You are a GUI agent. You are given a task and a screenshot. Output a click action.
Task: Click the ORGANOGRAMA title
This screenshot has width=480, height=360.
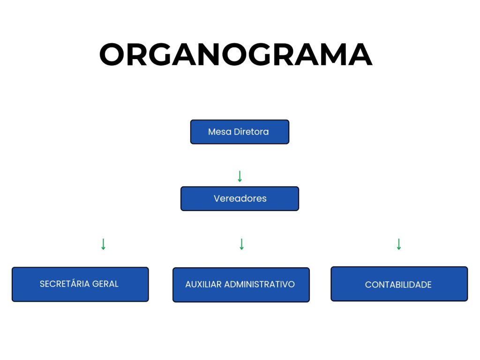pyautogui.click(x=236, y=55)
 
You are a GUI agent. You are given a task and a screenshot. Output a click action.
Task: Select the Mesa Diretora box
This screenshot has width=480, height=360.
pyautogui.click(x=240, y=132)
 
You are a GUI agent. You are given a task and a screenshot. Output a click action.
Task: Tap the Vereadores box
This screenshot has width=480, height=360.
pyautogui.click(x=240, y=199)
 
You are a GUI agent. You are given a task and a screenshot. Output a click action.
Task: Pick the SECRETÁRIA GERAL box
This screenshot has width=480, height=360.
pyautogui.click(x=80, y=284)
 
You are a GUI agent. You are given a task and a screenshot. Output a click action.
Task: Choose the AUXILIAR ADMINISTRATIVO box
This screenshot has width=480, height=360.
pyautogui.click(x=241, y=285)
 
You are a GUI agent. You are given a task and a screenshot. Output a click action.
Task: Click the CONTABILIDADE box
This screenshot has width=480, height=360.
pyautogui.click(x=399, y=284)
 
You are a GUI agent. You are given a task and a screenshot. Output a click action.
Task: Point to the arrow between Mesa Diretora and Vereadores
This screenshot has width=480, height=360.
pyautogui.click(x=240, y=177)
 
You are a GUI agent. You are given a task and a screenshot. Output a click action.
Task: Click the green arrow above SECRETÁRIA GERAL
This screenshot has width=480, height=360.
pyautogui.click(x=104, y=244)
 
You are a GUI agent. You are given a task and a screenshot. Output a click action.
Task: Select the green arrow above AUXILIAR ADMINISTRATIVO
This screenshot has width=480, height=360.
pyautogui.click(x=241, y=244)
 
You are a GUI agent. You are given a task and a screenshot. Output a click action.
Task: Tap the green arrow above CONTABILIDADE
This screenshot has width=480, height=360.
pyautogui.click(x=399, y=244)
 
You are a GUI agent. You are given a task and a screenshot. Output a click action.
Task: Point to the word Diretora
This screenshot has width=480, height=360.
pyautogui.click(x=252, y=132)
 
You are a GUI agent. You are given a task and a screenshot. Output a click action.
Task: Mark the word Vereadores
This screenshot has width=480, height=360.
pyautogui.click(x=240, y=199)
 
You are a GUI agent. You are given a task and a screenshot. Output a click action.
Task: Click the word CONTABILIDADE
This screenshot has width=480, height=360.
pyautogui.click(x=398, y=285)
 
